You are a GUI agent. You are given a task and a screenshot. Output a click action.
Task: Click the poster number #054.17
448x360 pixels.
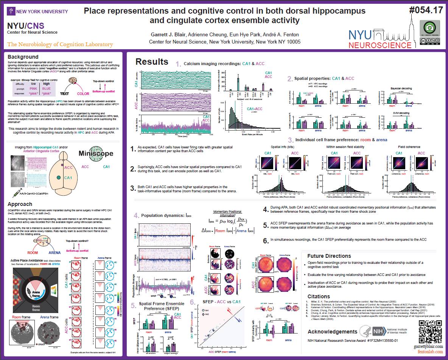[x=426, y=11]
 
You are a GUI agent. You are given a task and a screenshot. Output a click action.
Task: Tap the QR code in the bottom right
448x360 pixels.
[x=430, y=332]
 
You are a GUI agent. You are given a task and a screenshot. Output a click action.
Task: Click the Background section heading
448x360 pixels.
[x=23, y=57]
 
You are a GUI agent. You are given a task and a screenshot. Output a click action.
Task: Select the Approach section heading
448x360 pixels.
[x=20, y=204]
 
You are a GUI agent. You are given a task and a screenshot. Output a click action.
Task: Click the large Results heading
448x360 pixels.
[x=152, y=62]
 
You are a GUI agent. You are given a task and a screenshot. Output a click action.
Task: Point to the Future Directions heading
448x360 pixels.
[x=329, y=256]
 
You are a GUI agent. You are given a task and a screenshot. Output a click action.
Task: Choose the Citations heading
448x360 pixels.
[x=319, y=296]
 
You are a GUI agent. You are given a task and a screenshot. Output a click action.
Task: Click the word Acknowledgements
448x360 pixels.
[x=332, y=332]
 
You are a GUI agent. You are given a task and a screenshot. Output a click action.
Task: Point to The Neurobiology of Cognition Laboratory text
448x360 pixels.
[x=60, y=44]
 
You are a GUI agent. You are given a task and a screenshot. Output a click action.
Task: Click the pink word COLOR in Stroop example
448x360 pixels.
[x=83, y=94]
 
